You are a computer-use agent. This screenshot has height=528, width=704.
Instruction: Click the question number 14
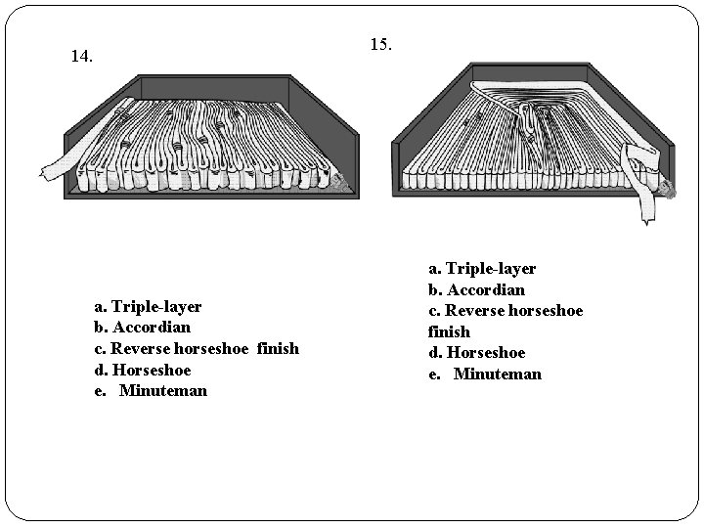click(x=82, y=57)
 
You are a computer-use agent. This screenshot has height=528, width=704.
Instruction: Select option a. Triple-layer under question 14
click(x=148, y=306)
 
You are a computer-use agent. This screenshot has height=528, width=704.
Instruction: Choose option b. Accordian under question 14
click(x=142, y=328)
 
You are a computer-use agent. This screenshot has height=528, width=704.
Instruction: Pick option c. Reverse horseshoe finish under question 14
click(x=197, y=349)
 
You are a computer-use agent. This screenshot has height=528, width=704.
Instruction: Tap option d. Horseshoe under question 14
click(x=142, y=370)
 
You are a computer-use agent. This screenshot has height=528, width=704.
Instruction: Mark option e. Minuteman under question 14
click(x=151, y=391)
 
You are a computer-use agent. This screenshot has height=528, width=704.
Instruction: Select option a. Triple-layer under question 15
click(x=482, y=268)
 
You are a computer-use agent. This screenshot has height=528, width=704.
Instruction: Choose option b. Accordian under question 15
click(x=476, y=289)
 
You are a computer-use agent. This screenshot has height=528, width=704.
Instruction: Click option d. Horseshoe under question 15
click(x=476, y=353)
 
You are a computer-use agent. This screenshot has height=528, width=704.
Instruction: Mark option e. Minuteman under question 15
click(x=485, y=374)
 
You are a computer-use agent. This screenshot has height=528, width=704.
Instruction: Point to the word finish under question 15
click(x=449, y=331)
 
